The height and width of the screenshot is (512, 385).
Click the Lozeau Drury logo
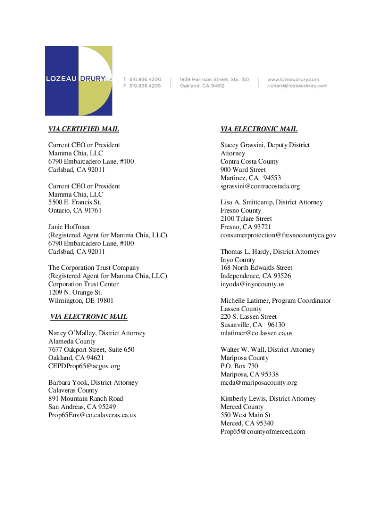click(78, 81)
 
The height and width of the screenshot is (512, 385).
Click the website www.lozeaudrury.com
click(293, 79)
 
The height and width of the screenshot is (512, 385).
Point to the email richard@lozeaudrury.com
click(297, 86)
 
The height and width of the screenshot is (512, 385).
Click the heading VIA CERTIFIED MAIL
click(83, 129)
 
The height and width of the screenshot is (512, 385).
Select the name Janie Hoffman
click(69, 227)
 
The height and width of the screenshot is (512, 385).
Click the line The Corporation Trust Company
click(94, 268)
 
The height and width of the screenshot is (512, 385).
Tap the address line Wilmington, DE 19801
click(81, 301)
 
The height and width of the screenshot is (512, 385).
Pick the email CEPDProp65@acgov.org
click(84, 366)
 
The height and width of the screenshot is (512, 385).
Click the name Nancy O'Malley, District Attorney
click(97, 333)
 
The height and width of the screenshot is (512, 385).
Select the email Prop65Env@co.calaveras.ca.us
click(92, 415)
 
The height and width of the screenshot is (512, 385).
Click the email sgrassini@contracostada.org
click(260, 186)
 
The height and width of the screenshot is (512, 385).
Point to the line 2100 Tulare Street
click(246, 219)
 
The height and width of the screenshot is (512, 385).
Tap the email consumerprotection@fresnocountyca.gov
click(278, 235)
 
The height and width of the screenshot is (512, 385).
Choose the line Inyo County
click(238, 260)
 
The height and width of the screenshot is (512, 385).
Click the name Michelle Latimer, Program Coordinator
click(275, 301)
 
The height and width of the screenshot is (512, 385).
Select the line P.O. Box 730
click(239, 366)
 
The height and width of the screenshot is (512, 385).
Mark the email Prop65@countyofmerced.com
click(262, 431)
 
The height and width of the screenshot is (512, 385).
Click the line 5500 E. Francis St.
click(75, 203)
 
